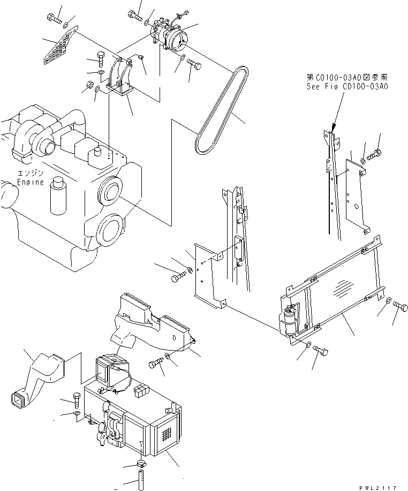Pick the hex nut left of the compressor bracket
coord(90,84)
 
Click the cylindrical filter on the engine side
coord(57,197)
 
